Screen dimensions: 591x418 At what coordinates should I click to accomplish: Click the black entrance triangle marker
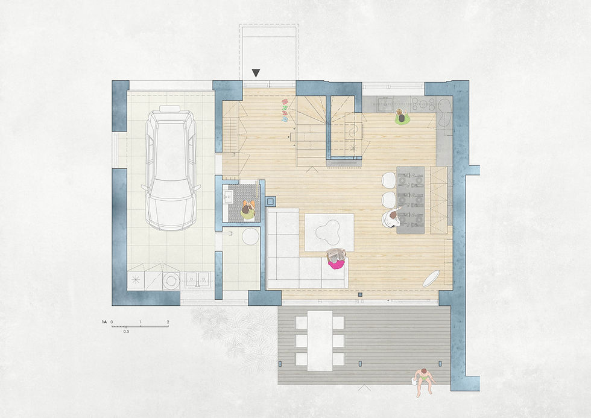click(256, 73)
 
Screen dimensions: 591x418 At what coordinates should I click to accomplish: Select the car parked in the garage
click(171, 168)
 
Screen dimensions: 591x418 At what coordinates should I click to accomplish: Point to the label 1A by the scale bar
click(104, 322)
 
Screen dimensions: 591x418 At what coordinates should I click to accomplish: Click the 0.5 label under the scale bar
click(126, 332)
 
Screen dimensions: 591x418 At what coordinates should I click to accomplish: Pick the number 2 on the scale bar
click(168, 322)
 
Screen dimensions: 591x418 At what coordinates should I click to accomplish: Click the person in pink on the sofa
click(335, 259)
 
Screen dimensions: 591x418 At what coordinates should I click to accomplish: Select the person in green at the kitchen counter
click(402, 117)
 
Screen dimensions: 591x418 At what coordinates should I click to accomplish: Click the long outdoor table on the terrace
click(320, 341)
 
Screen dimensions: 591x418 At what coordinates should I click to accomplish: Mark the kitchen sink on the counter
click(385, 103)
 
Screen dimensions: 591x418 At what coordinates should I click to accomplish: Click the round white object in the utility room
click(250, 236)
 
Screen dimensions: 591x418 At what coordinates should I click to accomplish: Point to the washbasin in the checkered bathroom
click(228, 195)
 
